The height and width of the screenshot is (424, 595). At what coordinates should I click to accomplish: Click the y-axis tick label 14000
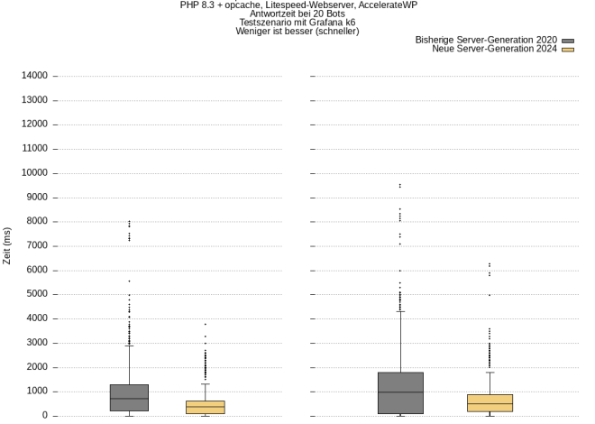34,76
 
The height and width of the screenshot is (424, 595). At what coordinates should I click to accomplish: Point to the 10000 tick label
34,173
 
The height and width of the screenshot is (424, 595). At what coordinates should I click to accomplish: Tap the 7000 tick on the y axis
36,246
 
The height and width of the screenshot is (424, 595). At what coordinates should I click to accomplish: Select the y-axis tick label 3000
36,343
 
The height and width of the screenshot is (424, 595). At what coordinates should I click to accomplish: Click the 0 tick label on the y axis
45,416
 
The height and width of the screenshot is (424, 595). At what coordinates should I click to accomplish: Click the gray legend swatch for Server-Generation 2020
568,41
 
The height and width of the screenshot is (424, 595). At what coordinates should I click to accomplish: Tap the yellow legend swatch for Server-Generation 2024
568,50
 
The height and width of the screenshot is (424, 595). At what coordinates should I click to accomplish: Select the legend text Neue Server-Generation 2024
495,50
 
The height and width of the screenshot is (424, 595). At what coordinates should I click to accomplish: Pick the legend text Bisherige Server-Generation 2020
486,41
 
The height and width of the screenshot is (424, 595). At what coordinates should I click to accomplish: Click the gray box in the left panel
129,398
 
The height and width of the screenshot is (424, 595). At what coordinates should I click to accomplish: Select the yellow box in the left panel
206,407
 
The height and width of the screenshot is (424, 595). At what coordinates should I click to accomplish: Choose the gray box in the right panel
399,392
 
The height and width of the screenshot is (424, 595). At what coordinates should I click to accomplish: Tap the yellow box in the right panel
490,403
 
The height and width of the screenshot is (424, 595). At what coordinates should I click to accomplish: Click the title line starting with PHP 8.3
297,5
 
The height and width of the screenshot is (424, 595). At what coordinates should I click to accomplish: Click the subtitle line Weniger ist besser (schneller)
297,32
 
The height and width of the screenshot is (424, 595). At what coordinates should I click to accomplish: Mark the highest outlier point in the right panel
399,185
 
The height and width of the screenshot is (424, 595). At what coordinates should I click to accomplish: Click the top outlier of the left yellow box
206,324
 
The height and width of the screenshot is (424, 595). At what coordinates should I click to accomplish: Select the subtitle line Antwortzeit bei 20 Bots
297,14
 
